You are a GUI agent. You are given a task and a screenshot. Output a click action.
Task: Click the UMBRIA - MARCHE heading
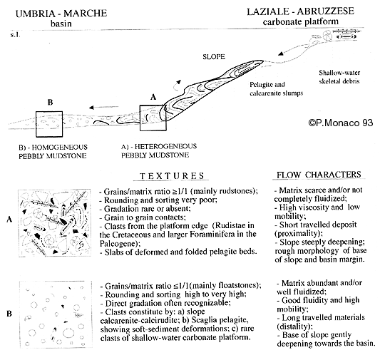click(61, 13)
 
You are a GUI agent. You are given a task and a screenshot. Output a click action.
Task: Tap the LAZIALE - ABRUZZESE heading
click(301, 11)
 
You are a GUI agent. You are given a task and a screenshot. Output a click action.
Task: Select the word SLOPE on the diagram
click(214, 57)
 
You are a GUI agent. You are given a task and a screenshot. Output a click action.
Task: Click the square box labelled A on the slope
click(140, 118)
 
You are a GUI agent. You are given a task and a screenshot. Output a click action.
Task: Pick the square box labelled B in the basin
click(36, 124)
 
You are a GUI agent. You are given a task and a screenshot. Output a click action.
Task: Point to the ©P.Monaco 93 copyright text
click(341, 123)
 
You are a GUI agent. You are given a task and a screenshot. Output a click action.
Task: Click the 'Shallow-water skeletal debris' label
click(339, 77)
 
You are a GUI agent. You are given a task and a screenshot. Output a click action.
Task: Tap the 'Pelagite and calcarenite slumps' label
click(277, 88)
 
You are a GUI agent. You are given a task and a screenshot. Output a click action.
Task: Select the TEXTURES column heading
click(172, 175)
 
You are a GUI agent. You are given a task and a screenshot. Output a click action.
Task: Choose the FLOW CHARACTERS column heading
click(319, 175)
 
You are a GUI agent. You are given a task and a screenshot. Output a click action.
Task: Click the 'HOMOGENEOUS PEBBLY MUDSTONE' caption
click(53, 151)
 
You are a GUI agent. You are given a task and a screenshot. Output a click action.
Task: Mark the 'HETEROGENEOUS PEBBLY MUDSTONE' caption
click(159, 150)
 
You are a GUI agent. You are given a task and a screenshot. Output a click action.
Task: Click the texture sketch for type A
click(55, 223)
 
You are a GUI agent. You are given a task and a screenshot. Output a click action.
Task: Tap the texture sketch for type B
click(56, 314)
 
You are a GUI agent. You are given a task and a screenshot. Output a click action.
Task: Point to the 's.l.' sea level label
click(15, 35)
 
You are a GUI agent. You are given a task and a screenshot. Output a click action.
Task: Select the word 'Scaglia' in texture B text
click(205, 320)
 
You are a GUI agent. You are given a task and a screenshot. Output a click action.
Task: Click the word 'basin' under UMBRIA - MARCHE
click(61, 24)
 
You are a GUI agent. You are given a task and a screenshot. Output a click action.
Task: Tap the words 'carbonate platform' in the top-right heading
click(301, 21)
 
